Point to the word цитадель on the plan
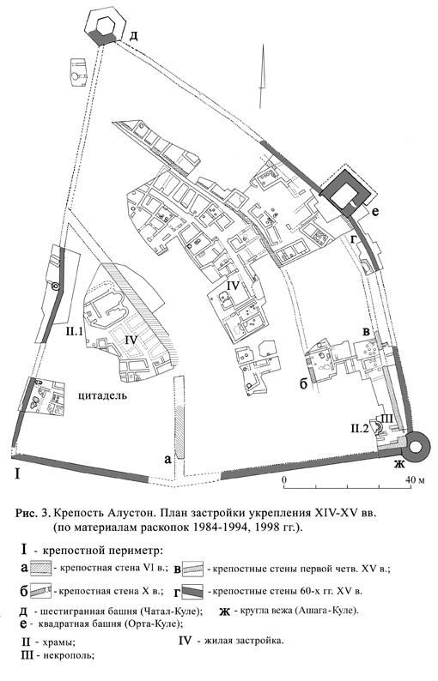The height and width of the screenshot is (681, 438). coord(103,396)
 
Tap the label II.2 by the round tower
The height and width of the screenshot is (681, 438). coord(360,430)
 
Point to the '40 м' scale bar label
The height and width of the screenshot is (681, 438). coord(415,480)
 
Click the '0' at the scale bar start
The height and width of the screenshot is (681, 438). coord(284,480)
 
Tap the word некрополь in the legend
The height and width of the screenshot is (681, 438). coord(70,655)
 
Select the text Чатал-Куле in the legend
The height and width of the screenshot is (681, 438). coord(170,612)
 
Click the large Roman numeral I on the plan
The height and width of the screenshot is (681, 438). coord(16,473)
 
